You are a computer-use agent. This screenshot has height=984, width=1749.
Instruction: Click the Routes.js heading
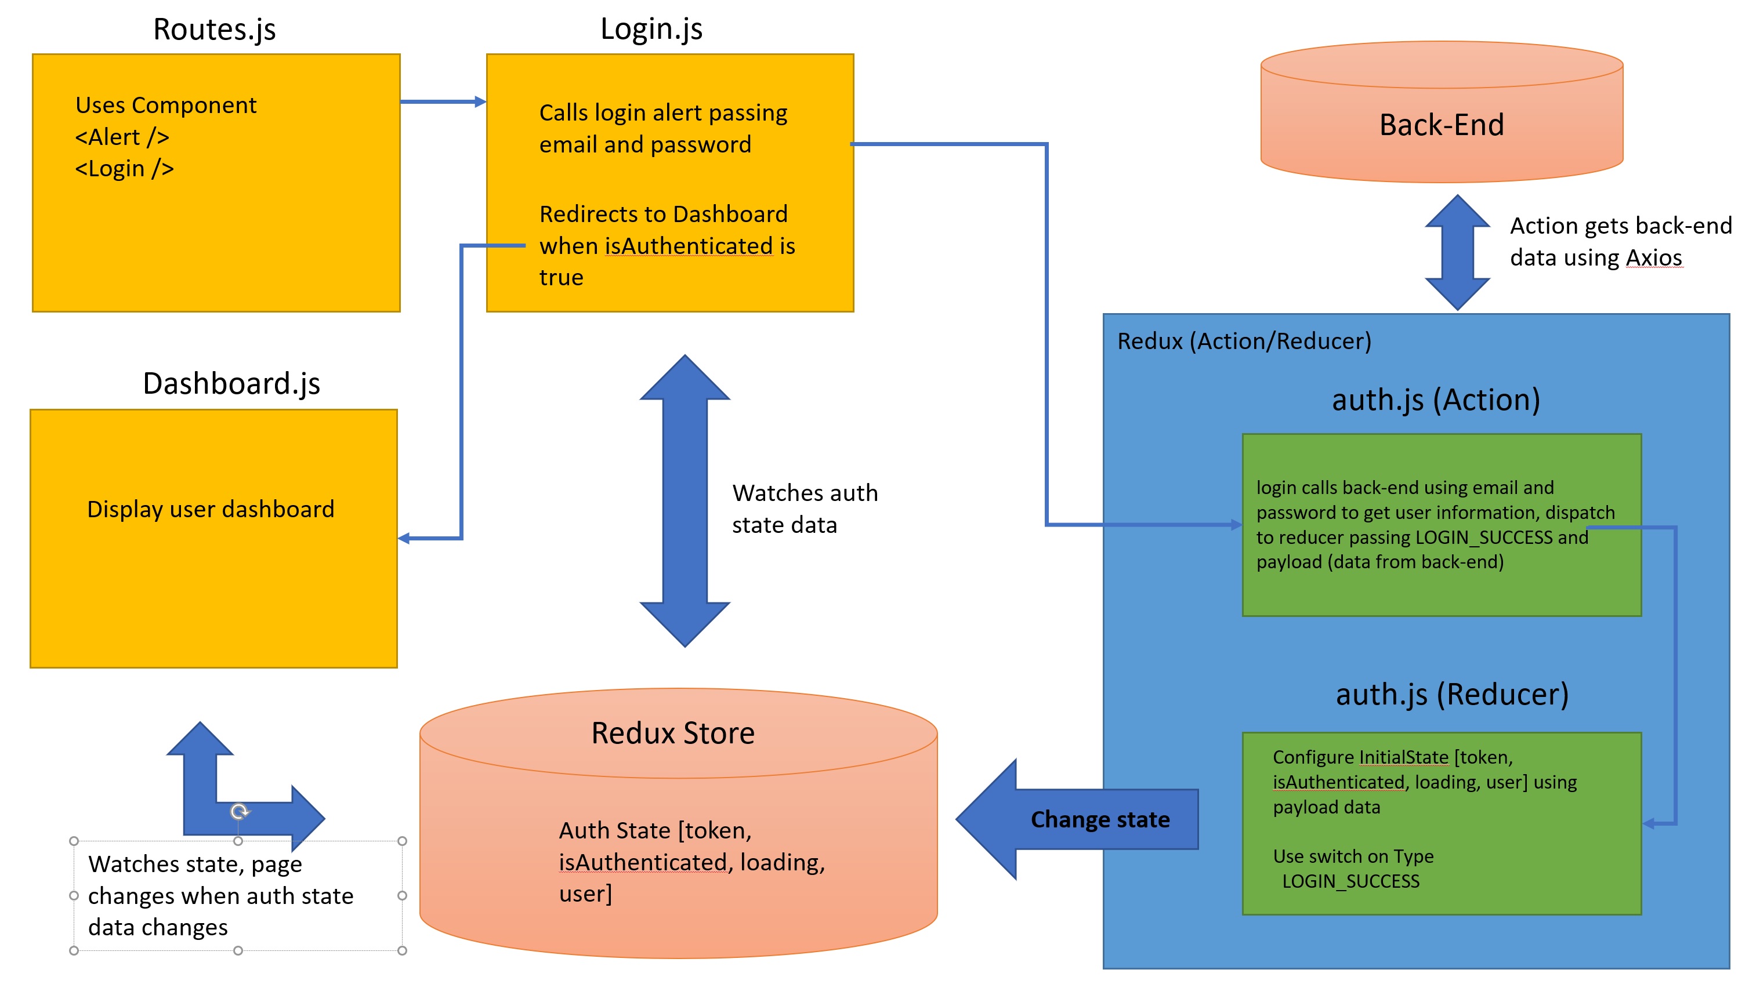tap(215, 30)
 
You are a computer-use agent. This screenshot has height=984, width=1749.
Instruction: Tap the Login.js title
tap(651, 29)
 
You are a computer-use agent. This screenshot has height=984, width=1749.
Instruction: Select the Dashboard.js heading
tap(231, 384)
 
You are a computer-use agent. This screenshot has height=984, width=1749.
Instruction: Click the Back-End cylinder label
tap(1442, 125)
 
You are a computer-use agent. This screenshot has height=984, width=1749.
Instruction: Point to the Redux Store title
tap(673, 734)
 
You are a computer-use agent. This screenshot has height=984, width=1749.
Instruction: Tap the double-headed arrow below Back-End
tap(1457, 252)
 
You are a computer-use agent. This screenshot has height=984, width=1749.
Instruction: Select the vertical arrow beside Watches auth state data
tap(685, 501)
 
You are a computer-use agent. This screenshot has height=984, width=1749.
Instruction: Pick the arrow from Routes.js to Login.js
tap(443, 102)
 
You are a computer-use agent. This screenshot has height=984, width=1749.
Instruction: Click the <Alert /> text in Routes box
tap(122, 137)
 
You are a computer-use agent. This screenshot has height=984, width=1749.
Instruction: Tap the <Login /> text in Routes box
tap(124, 168)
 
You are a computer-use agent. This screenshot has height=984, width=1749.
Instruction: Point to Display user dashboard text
tap(211, 510)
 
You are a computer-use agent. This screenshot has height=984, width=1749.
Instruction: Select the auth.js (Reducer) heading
tap(1453, 695)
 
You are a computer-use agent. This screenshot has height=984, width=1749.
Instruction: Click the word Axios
tap(1653, 258)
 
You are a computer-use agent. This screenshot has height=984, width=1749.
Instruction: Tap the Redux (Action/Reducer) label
tap(1244, 342)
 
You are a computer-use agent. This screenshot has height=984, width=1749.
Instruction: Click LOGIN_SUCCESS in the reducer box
tap(1350, 881)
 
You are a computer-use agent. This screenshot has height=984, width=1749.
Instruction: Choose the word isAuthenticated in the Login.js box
tap(689, 246)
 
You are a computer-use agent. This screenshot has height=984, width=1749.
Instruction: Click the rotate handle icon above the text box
tap(239, 812)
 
